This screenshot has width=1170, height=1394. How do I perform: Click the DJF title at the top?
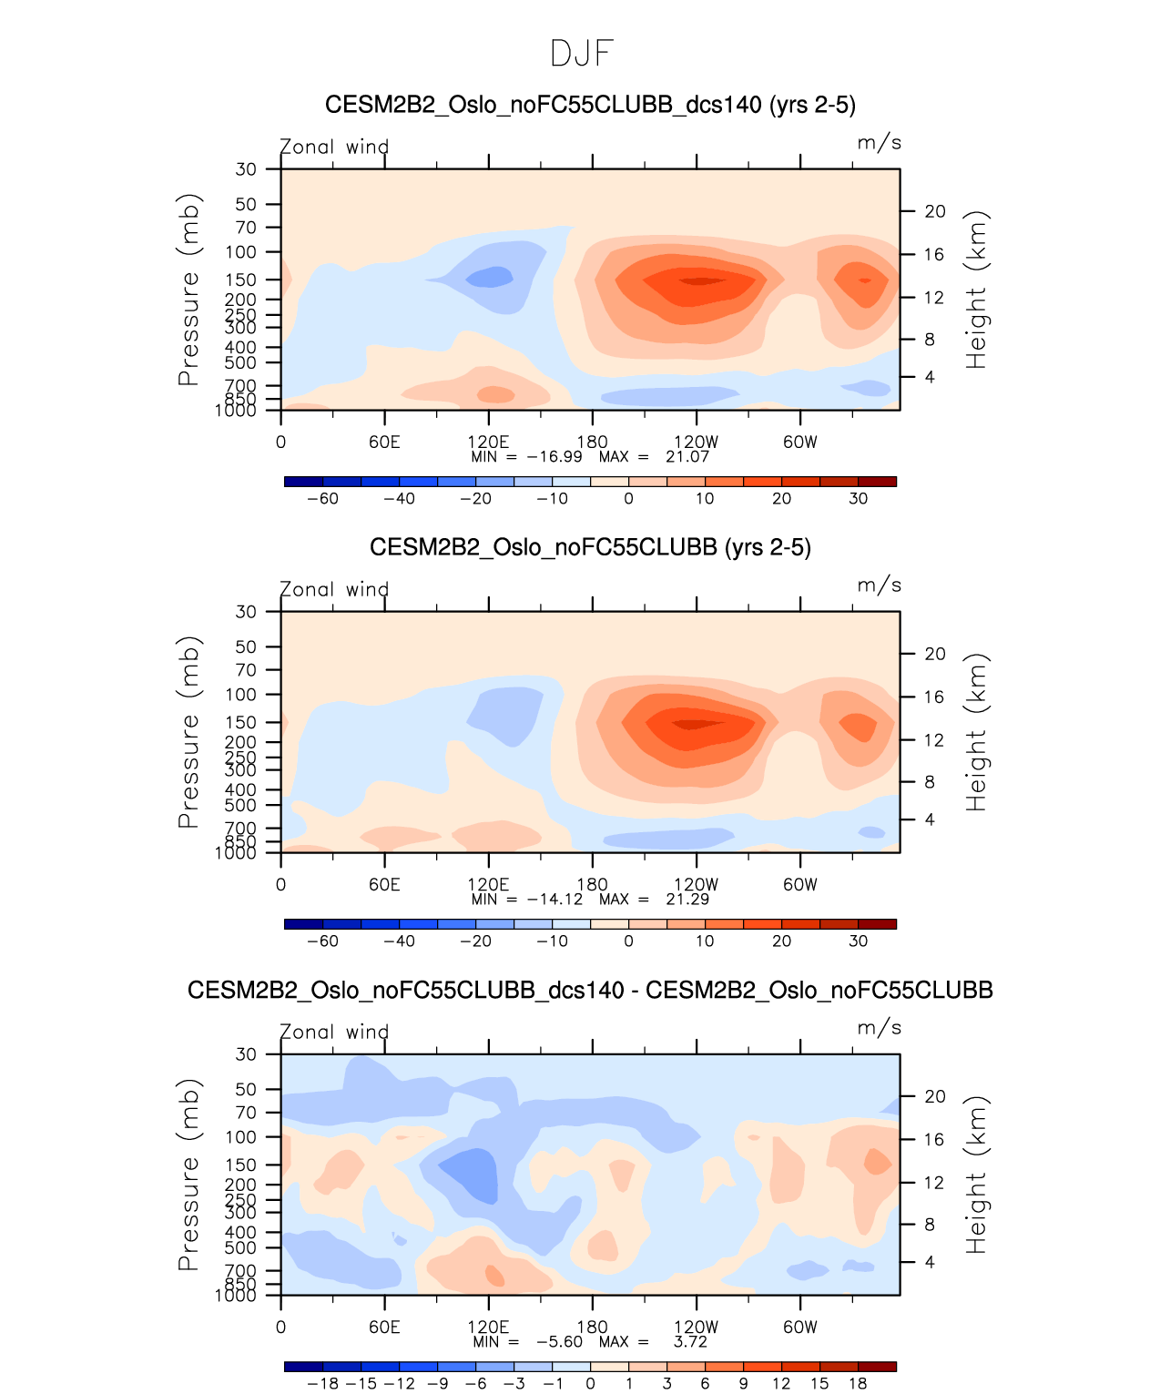pyautogui.click(x=583, y=54)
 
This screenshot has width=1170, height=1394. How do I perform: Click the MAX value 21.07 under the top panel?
pyautogui.click(x=687, y=456)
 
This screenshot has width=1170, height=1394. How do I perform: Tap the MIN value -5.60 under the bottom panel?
pyautogui.click(x=559, y=1341)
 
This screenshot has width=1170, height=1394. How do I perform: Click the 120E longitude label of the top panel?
pyautogui.click(x=489, y=442)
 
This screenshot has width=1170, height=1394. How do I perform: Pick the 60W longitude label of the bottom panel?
pyautogui.click(x=800, y=1327)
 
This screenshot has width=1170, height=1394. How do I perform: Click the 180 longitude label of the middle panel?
pyautogui.click(x=592, y=884)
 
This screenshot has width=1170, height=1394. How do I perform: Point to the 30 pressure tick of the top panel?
pyautogui.click(x=246, y=169)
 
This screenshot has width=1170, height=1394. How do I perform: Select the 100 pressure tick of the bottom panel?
pyautogui.click(x=241, y=1136)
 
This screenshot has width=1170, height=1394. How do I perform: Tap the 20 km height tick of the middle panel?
pyautogui.click(x=935, y=654)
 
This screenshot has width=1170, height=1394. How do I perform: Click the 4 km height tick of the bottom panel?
pyautogui.click(x=930, y=1262)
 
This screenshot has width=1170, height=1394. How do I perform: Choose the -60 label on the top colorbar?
pyautogui.click(x=322, y=498)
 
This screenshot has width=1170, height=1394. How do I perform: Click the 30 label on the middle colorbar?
pyautogui.click(x=858, y=941)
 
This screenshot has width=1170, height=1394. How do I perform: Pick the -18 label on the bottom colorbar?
pyautogui.click(x=323, y=1383)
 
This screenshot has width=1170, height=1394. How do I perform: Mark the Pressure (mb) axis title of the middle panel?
pyautogui.click(x=188, y=732)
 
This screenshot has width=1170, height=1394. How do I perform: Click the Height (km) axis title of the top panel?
pyautogui.click(x=977, y=290)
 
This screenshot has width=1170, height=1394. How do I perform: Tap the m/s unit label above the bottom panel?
pyautogui.click(x=879, y=1028)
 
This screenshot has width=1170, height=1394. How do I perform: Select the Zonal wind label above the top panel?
pyautogui.click(x=334, y=147)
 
